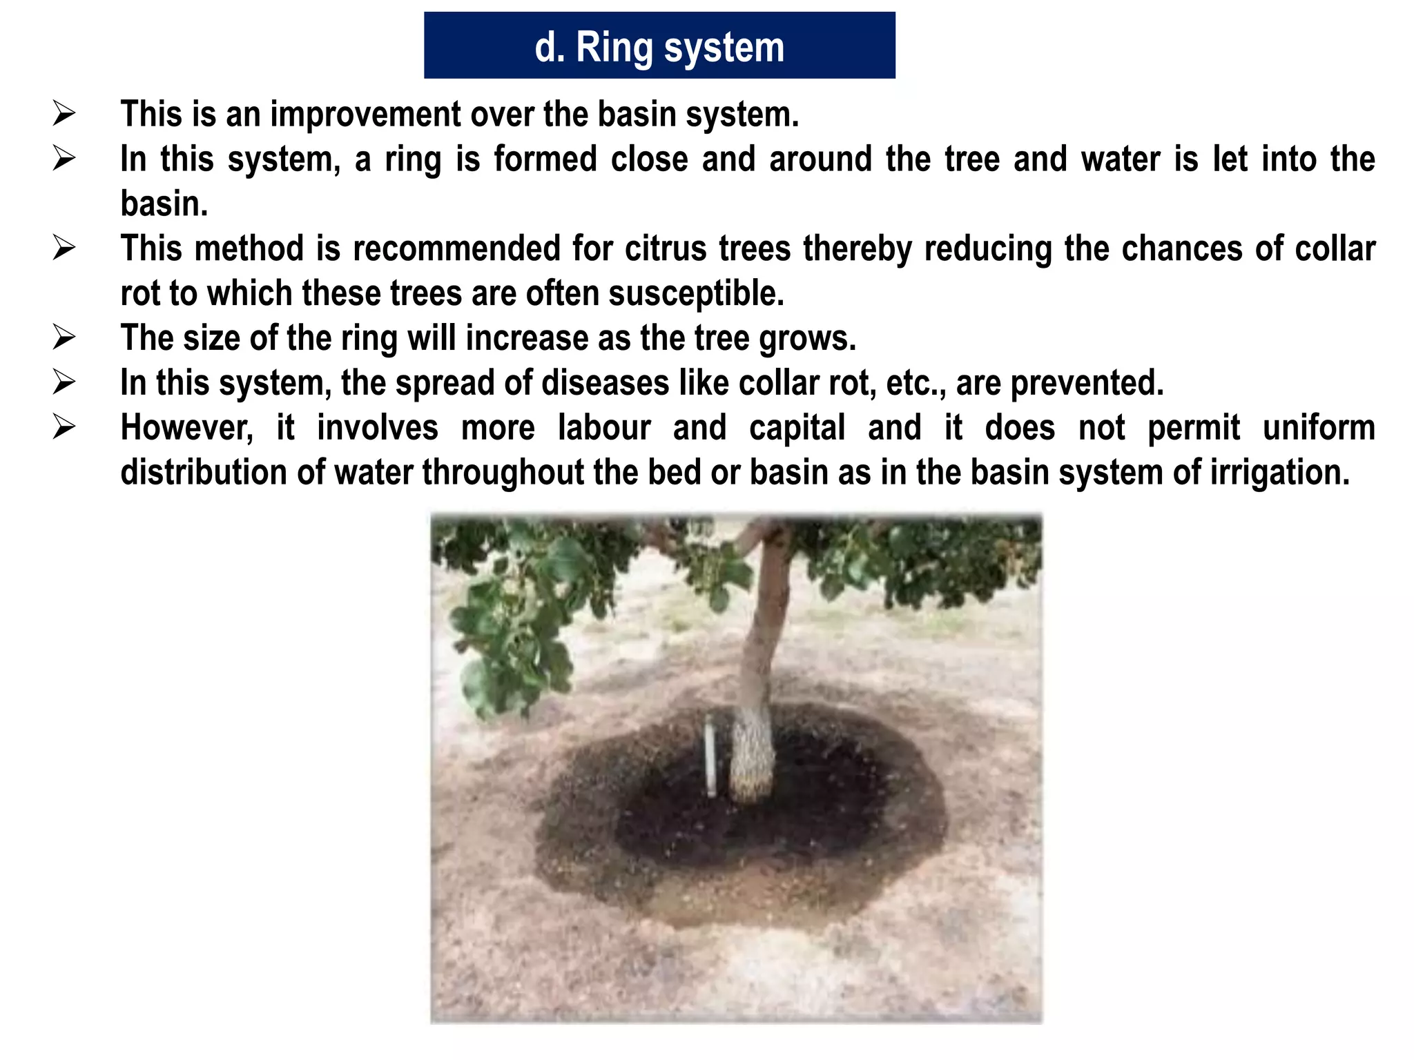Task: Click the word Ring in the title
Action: tap(614, 48)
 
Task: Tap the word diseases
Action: tap(605, 383)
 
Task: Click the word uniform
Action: tap(1319, 428)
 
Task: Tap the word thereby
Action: tap(857, 248)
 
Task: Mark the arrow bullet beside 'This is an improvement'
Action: tap(64, 114)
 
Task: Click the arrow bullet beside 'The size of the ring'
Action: tap(64, 338)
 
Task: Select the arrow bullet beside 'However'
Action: tap(64, 428)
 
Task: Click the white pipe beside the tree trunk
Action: tap(710, 756)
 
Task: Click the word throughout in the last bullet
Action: tap(505, 473)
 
